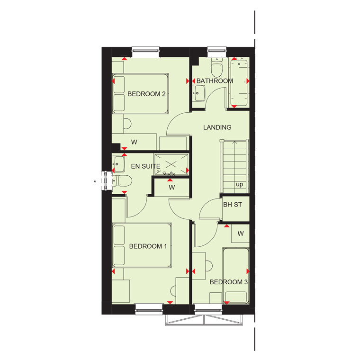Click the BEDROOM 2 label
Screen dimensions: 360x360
[146, 94]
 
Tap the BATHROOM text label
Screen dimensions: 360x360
[215, 81]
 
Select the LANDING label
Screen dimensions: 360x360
[217, 127]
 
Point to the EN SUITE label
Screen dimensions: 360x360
[145, 166]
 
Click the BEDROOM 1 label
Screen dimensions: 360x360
[148, 246]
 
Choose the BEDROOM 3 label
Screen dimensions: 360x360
[229, 282]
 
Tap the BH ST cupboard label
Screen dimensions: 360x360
[233, 204]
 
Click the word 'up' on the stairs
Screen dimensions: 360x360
[240, 185]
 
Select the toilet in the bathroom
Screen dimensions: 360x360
[217, 67]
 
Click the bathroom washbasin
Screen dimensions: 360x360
[199, 93]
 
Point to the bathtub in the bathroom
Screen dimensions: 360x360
[240, 82]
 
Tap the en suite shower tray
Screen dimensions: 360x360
[171, 164]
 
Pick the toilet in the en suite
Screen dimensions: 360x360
[122, 181]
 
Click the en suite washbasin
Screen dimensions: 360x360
[118, 164]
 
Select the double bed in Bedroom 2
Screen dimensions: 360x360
[141, 93]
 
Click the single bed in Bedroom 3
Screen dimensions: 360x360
[236, 276]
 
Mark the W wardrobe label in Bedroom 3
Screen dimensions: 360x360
[240, 234]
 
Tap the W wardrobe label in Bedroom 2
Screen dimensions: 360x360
[134, 142]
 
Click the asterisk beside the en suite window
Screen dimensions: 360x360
[95, 181]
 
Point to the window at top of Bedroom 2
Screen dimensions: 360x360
[145, 53]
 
